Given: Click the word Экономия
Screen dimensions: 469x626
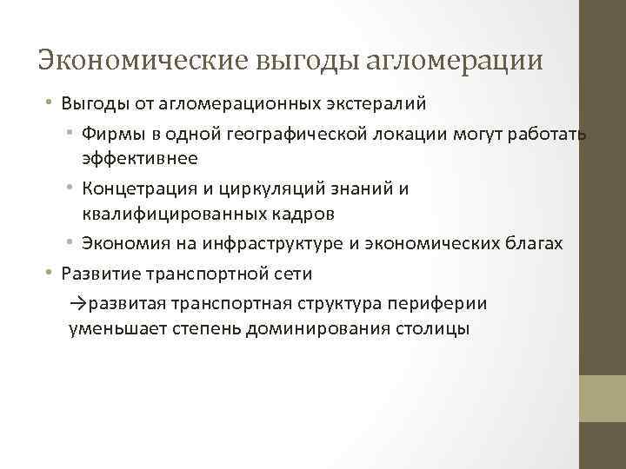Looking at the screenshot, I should pos(123,244).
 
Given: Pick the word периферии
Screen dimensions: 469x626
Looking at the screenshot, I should pos(440,303).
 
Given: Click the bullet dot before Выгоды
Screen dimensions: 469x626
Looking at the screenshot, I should pos(50,103).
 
